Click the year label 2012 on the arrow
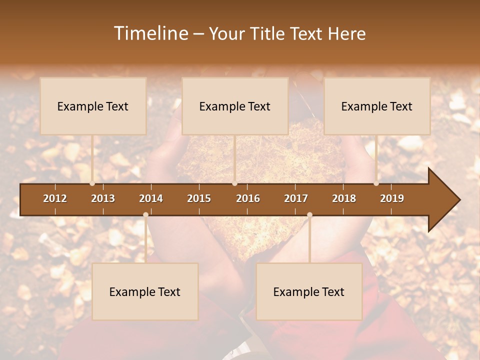click(x=55, y=198)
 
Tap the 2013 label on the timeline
click(x=103, y=198)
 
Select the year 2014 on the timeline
click(x=151, y=198)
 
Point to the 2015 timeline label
click(x=199, y=198)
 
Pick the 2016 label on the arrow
click(x=248, y=198)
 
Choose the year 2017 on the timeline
click(x=296, y=198)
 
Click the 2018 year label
click(x=344, y=198)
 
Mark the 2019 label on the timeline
click(x=392, y=198)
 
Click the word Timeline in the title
click(x=150, y=33)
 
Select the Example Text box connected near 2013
click(x=93, y=106)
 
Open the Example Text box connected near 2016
click(x=235, y=106)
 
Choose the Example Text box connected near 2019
click(x=377, y=106)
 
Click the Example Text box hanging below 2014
click(x=145, y=291)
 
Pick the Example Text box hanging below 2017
click(x=309, y=291)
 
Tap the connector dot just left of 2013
click(x=92, y=183)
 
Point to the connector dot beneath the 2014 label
click(x=145, y=215)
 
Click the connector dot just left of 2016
click(x=234, y=183)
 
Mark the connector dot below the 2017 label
click(x=309, y=215)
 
